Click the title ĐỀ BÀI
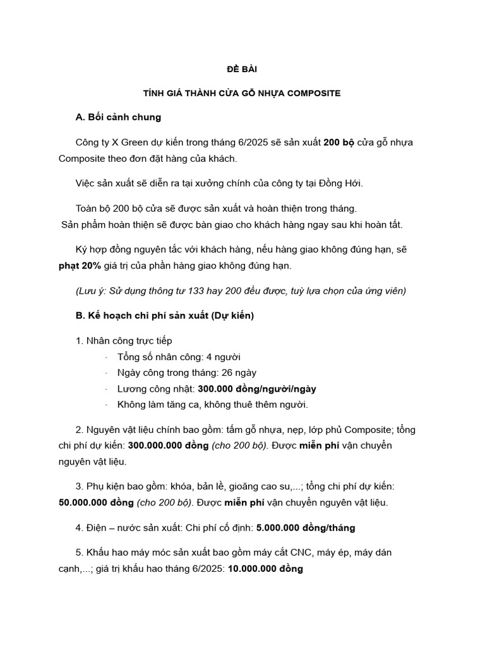(242, 69)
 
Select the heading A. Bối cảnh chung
(117, 117)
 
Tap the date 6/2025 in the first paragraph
(237, 142)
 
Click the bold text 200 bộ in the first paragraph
(339, 142)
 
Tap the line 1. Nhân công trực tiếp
(123, 341)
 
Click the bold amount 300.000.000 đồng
(171, 445)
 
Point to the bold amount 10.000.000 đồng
(265, 569)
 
